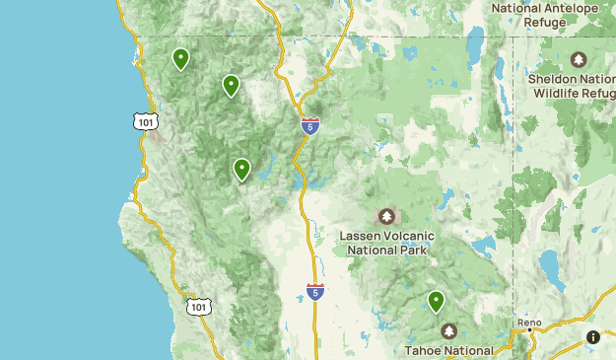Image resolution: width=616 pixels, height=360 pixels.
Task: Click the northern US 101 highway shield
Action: tap(145, 121)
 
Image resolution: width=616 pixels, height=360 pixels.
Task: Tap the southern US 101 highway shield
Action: tap(198, 307)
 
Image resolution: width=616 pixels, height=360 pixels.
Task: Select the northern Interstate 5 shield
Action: tap(310, 125)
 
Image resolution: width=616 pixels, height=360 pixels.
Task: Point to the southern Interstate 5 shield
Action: tap(314, 292)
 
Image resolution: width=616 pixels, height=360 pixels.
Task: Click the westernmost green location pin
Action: tap(180, 59)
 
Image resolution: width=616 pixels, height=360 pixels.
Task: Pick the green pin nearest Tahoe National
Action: tap(436, 301)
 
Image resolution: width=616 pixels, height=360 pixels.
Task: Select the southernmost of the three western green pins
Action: tap(241, 170)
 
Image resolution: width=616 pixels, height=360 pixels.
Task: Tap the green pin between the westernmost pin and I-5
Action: tap(231, 86)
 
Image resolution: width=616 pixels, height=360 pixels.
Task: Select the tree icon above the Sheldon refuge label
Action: tap(579, 59)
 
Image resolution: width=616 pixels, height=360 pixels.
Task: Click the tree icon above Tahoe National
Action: tap(449, 331)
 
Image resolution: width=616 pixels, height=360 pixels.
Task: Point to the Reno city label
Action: tap(529, 323)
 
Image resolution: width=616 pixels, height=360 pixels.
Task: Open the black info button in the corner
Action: tap(593, 337)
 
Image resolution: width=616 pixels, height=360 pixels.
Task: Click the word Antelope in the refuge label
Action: tap(573, 7)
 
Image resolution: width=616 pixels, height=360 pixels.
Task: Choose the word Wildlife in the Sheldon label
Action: tap(558, 93)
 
